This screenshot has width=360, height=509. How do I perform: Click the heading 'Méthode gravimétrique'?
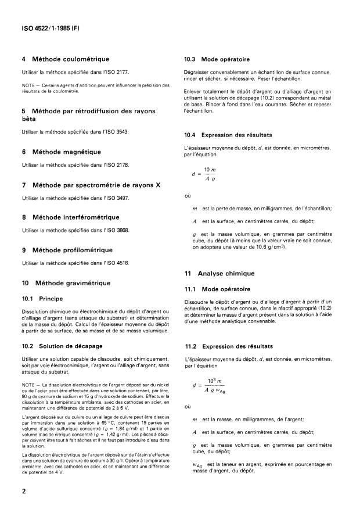73,283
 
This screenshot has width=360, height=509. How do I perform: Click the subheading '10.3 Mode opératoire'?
217,59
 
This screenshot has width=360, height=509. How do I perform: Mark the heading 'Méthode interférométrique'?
78,217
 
